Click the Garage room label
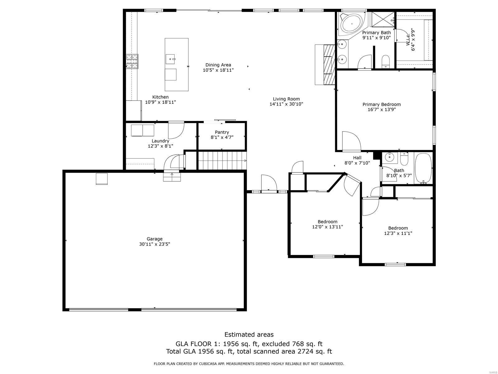point(155,239)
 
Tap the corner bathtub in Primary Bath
point(352,23)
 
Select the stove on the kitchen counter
point(132,61)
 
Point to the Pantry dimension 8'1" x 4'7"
point(222,137)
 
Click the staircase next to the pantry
point(222,160)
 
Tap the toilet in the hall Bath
point(404,159)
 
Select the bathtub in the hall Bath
point(423,168)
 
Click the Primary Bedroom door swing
point(351,141)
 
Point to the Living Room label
point(286,99)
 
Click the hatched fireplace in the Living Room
point(329,65)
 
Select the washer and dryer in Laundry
point(143,130)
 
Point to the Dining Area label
point(218,65)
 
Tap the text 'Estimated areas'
point(249,334)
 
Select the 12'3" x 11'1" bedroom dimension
point(398,233)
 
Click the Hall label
point(357,158)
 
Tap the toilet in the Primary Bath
point(386,61)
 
